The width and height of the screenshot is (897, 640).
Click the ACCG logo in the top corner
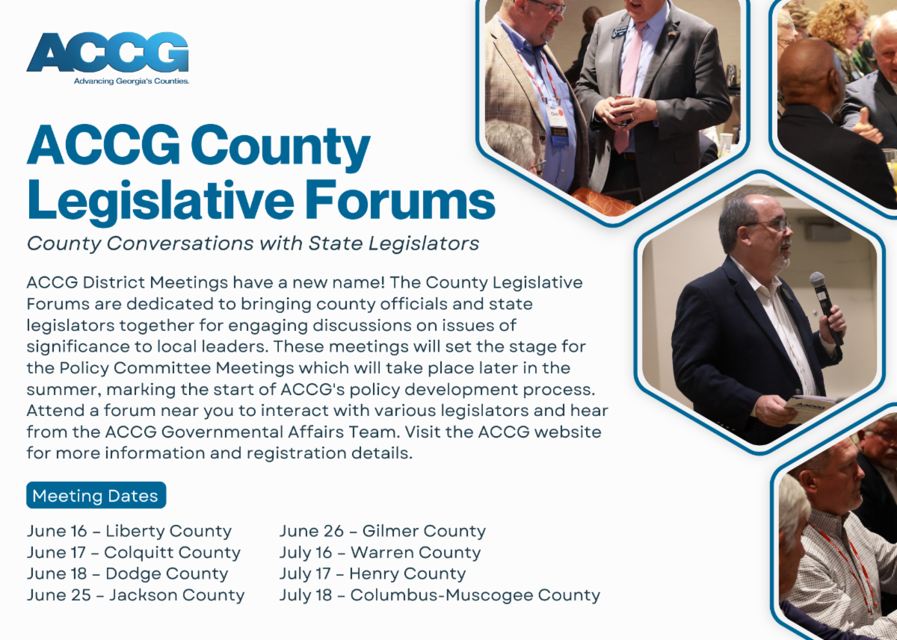(108, 52)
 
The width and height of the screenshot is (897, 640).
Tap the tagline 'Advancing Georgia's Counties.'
(132, 81)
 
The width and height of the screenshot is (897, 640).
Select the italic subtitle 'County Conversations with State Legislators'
(253, 243)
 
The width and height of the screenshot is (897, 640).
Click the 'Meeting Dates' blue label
(96, 496)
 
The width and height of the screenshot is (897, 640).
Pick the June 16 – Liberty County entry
(129, 532)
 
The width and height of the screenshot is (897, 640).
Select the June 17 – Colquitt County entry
(134, 553)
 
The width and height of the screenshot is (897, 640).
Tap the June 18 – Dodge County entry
(128, 574)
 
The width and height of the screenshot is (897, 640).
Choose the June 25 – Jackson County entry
(136, 595)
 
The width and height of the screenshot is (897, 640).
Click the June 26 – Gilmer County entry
(383, 532)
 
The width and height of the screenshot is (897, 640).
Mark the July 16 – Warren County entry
(380, 553)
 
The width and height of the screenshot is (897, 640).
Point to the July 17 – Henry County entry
(373, 574)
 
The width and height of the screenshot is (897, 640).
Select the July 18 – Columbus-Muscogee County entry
(440, 595)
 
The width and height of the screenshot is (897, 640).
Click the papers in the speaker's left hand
(811, 407)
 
